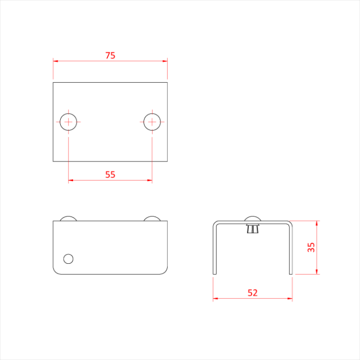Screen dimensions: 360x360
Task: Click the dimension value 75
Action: tap(110, 56)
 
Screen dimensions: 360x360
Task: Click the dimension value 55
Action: tap(110, 174)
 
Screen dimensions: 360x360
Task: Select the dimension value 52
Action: tap(253, 293)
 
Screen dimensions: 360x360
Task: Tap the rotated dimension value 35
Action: tap(311, 247)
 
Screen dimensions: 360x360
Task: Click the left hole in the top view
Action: tap(68, 122)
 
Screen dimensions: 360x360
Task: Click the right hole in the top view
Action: tap(152, 122)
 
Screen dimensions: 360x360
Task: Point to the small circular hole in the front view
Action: tap(68, 258)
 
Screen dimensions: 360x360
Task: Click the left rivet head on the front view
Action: tap(68, 219)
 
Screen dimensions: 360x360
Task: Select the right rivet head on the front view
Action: tap(152, 219)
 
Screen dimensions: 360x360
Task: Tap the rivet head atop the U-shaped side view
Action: tap(253, 219)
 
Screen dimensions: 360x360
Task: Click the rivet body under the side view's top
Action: tap(253, 229)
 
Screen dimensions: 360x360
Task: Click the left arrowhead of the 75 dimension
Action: tap(55, 61)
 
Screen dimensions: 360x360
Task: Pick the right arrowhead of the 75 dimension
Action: tap(166, 61)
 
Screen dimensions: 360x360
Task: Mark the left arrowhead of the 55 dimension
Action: tap(70, 180)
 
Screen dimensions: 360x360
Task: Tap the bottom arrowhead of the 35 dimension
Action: tap(317, 272)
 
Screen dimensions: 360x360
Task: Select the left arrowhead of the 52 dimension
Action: tap(215, 298)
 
